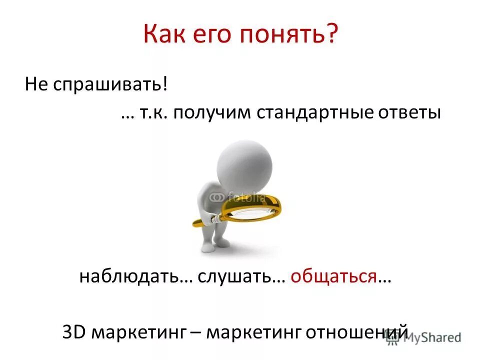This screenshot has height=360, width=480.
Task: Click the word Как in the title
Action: (165, 35)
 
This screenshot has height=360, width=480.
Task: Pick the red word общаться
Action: (333, 276)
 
